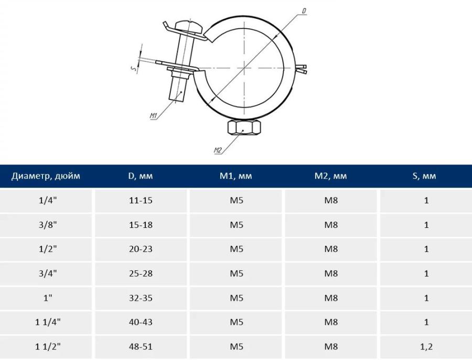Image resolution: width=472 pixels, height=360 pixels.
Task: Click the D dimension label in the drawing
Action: (304, 11)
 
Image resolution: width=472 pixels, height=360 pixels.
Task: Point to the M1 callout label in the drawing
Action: (154, 115)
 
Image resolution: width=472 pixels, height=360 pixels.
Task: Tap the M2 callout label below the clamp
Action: (218, 150)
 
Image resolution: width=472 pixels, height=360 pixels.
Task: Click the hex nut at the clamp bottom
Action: (243, 128)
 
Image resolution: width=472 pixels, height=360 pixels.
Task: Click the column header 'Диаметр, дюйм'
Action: (46, 176)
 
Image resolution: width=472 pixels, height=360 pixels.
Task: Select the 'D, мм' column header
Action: (141, 176)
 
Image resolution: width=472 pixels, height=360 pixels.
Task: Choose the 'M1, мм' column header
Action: (235, 176)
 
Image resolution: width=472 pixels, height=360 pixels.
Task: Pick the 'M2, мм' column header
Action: (330, 176)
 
